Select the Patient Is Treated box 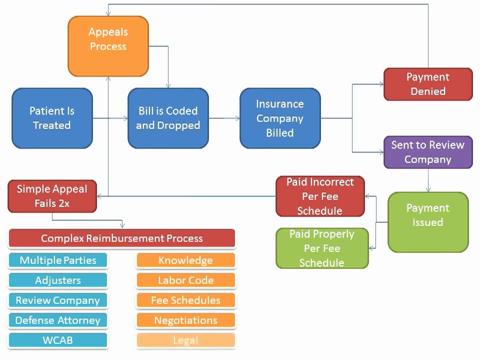[52, 118]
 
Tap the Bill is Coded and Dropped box [168, 118]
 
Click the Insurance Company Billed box [280, 118]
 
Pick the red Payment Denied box [428, 84]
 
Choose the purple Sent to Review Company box [428, 152]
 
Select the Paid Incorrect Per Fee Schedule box [320, 196]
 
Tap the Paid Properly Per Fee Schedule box [322, 248]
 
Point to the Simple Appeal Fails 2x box [52, 196]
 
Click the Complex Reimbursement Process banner [121, 238]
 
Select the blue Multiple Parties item [58, 260]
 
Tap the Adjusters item [58, 280]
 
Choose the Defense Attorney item [58, 320]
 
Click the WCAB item [58, 340]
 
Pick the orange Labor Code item [185, 280]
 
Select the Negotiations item [185, 320]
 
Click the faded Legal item [185, 340]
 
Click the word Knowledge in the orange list [185, 260]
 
